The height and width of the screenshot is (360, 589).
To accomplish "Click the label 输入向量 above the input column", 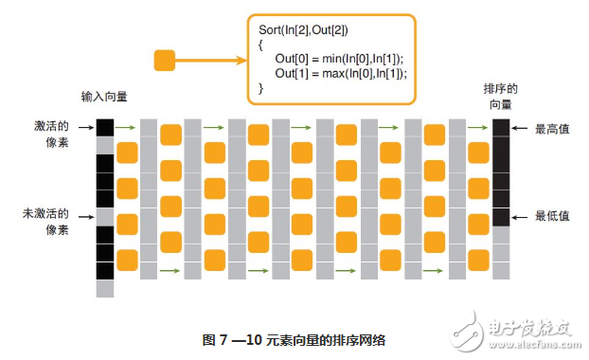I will (x=103, y=98).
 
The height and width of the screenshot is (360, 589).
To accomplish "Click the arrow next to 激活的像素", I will (x=85, y=126).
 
